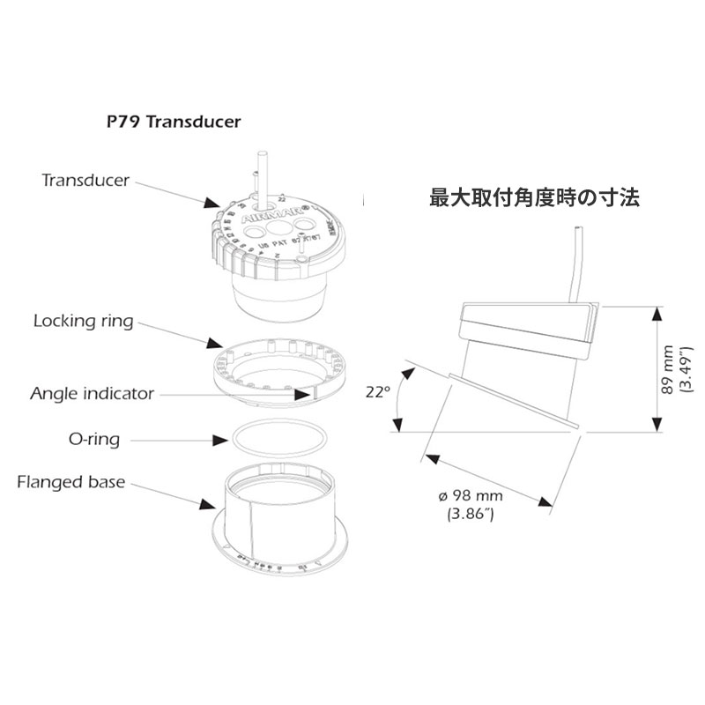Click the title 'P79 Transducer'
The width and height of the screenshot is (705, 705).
click(167, 121)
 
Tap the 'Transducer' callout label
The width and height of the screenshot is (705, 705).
click(85, 180)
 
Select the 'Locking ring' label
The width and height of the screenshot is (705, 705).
click(84, 321)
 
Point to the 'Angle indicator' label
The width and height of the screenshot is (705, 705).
click(92, 392)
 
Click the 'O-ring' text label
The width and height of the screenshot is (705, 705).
click(93, 438)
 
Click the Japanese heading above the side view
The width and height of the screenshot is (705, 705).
click(534, 197)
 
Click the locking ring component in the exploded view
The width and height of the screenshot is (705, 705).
click(273, 370)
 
